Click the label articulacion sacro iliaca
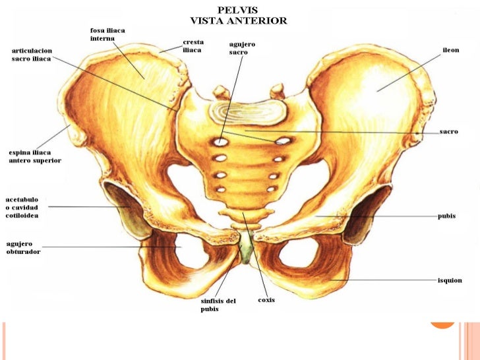(x=32, y=54)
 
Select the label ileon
(x=450, y=50)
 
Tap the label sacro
(x=449, y=132)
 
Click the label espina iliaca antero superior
(x=34, y=156)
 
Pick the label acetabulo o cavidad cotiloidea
(x=24, y=207)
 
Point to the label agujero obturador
(x=23, y=247)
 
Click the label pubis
(x=446, y=216)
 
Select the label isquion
(x=450, y=280)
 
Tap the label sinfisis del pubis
(x=218, y=305)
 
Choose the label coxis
(x=266, y=301)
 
